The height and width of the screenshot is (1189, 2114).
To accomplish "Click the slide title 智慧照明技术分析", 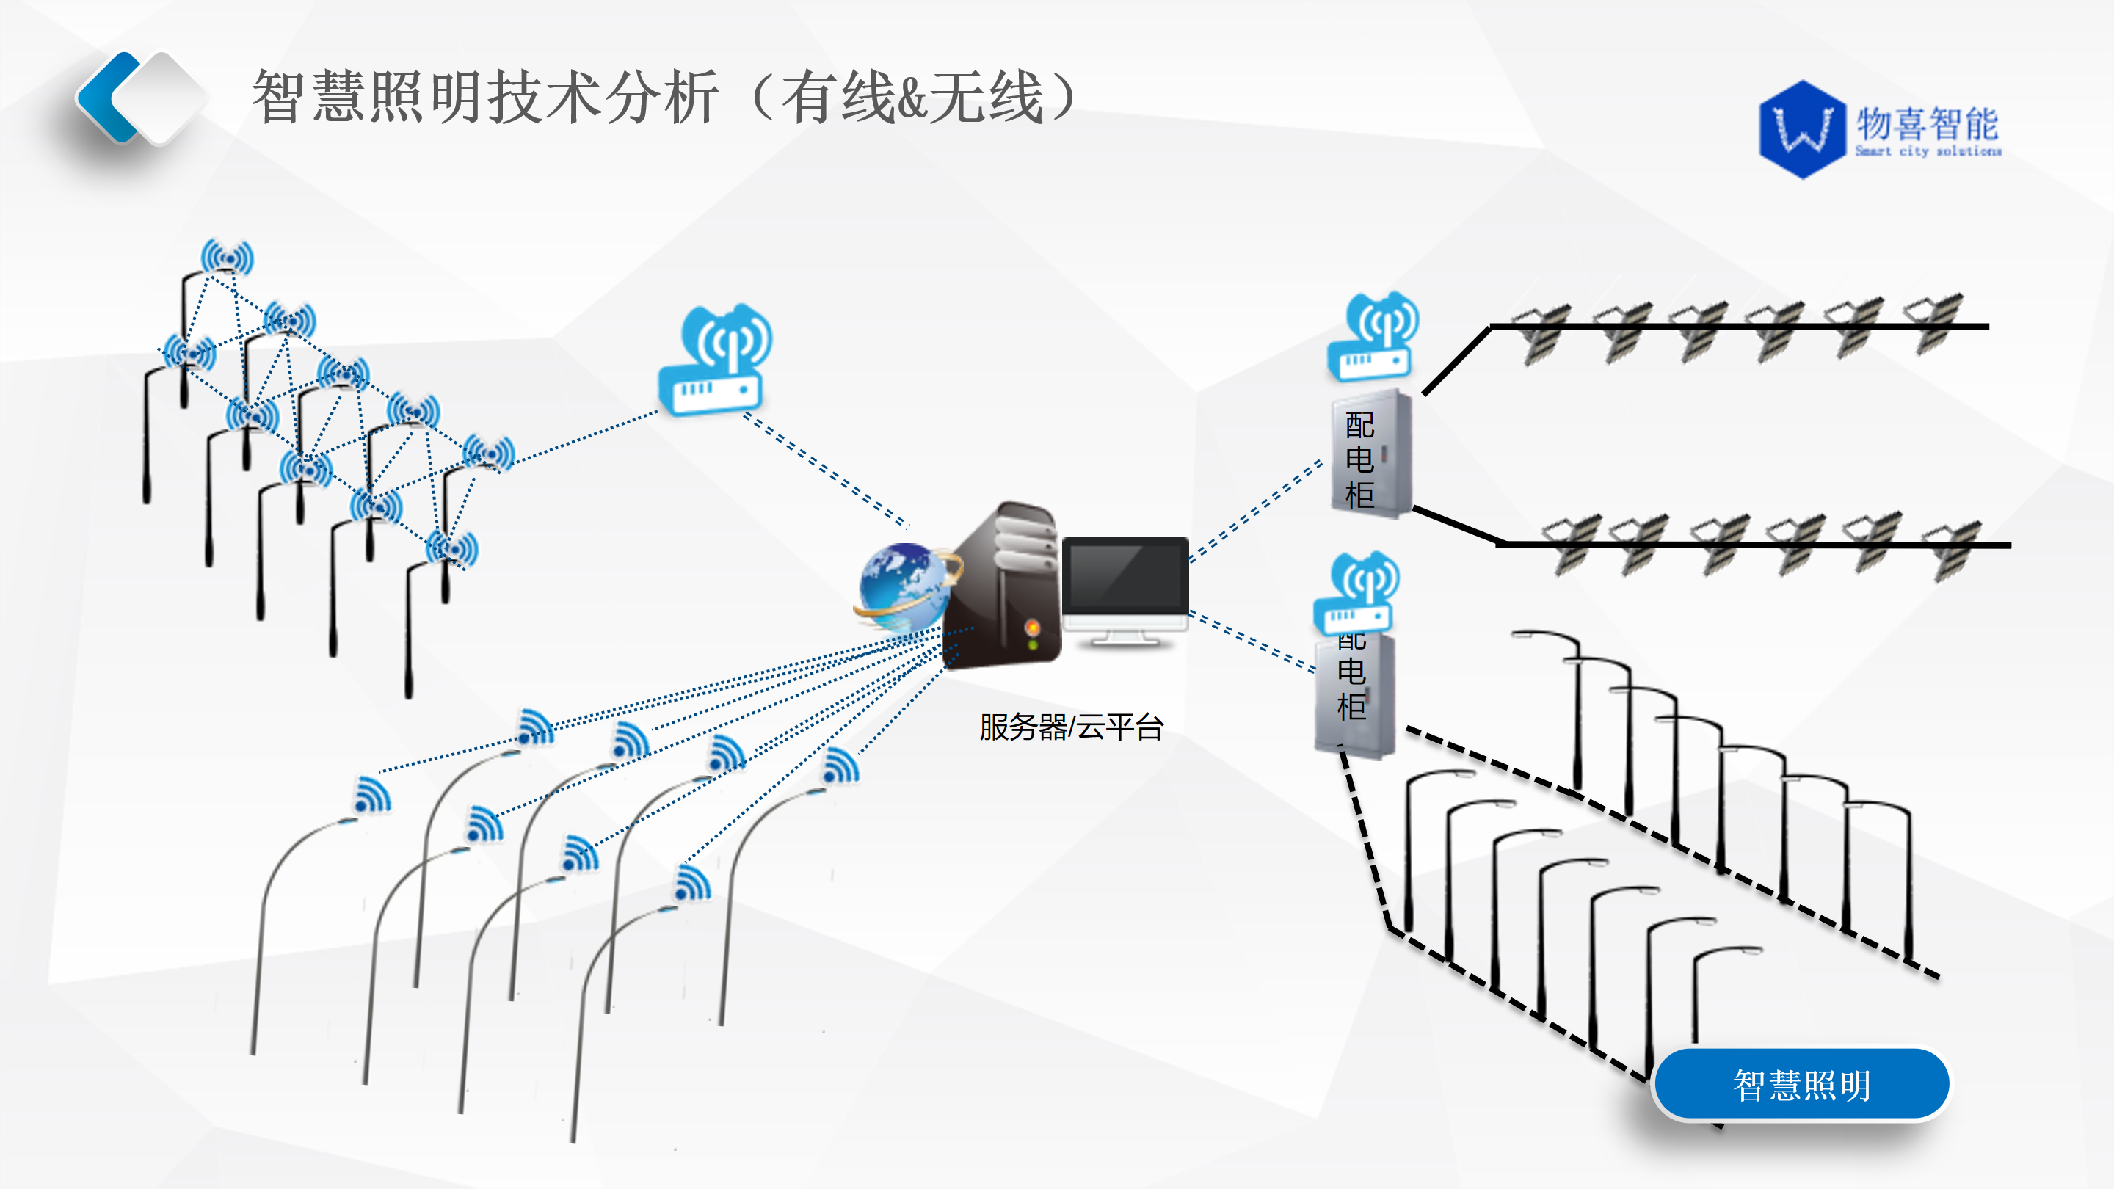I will click(484, 97).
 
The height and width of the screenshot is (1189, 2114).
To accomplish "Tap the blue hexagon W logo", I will click(1802, 129).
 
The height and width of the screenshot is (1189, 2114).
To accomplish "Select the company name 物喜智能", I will click(1927, 123).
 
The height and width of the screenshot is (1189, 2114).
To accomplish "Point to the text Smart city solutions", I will click(1928, 151).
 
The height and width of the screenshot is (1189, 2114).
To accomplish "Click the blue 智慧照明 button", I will click(1801, 1084).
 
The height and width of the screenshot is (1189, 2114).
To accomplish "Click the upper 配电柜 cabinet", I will click(1371, 455).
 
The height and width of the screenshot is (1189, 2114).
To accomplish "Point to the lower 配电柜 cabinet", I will click(1354, 694).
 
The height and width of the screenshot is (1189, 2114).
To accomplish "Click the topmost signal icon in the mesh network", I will click(228, 258).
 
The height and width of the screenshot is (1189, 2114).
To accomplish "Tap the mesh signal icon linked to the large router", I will click(488, 453).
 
